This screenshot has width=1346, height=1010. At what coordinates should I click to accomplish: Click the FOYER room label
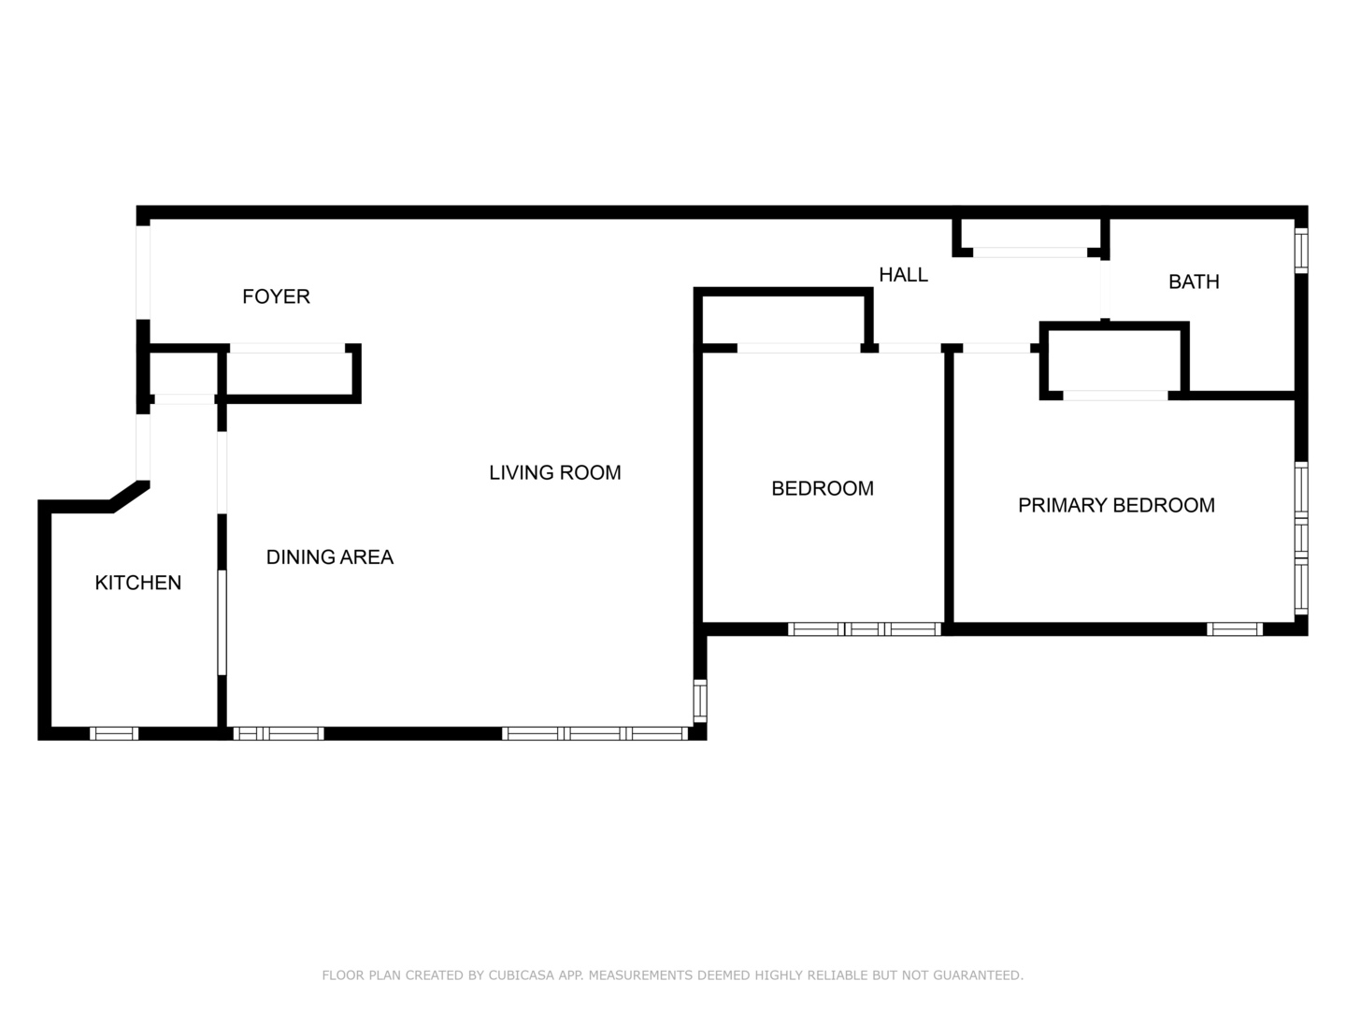pos(276,296)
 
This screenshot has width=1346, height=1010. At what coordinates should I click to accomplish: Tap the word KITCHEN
pos(138,583)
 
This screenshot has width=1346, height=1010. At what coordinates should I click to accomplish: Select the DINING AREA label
pos(330,556)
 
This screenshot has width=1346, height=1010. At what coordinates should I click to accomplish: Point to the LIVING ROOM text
pos(555,472)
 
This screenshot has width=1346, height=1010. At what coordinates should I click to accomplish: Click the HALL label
pos(903,275)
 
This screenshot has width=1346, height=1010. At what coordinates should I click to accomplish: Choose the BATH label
pos(1194,281)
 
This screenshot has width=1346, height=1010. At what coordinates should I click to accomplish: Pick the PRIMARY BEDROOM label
pos(1117,505)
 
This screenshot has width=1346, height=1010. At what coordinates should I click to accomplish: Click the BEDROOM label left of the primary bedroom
pos(823,488)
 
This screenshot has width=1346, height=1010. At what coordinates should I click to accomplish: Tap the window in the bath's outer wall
pos(1301,251)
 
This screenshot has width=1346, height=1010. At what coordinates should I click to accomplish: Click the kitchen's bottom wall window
pos(114,733)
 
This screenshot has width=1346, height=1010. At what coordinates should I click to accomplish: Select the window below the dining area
pos(279,733)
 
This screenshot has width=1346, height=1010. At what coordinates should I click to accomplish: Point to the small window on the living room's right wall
pos(700,700)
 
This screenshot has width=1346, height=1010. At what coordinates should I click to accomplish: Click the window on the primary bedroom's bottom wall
pos(1235,629)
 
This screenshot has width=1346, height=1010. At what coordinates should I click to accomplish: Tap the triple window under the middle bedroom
pos(865,629)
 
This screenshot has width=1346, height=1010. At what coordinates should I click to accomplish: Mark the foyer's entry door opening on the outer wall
pos(143,272)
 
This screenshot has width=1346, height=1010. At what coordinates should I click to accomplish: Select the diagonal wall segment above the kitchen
pos(130,496)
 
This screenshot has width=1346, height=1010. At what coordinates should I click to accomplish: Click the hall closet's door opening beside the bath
pos(1030,252)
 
